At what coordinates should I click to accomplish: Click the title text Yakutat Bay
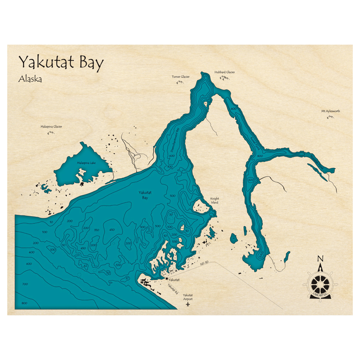[x=61, y=62]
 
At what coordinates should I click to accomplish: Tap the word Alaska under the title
[x=30, y=79]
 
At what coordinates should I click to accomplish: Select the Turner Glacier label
[x=180, y=77]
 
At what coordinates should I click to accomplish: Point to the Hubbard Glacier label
[x=225, y=72]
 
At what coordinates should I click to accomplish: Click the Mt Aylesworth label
[x=330, y=111]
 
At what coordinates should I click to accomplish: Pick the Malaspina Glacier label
[x=51, y=127]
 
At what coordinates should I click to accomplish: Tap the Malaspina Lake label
[x=86, y=163]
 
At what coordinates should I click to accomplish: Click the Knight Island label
[x=215, y=201]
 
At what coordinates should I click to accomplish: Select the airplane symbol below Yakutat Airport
[x=188, y=305]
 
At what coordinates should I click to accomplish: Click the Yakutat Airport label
[x=188, y=297]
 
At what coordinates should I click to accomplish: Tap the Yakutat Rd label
[x=173, y=289]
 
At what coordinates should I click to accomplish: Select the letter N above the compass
[x=320, y=258]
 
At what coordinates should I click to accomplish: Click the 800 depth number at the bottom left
[x=24, y=303]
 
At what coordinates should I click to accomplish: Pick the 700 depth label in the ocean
[x=25, y=284]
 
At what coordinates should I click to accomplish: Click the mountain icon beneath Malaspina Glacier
[x=51, y=132]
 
